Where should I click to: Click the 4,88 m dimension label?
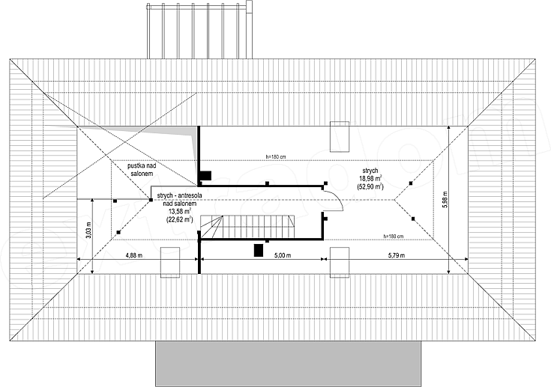click(134, 255)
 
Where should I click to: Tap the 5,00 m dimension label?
click(283, 255)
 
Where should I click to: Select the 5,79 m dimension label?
click(397, 255)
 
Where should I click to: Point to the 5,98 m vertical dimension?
click(445, 200)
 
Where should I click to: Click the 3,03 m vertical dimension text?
click(88, 231)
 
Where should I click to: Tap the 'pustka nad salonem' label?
click(142, 169)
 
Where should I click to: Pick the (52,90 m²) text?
click(370, 186)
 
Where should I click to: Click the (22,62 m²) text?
click(179, 219)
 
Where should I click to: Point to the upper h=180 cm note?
click(278, 157)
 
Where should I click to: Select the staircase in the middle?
click(247, 226)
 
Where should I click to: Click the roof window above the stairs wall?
click(340, 136)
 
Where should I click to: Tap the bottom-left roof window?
click(170, 263)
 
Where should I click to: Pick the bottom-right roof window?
click(340, 263)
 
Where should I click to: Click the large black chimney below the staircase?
click(259, 251)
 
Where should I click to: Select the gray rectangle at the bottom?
click(288, 364)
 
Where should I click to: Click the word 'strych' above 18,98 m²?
click(370, 171)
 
